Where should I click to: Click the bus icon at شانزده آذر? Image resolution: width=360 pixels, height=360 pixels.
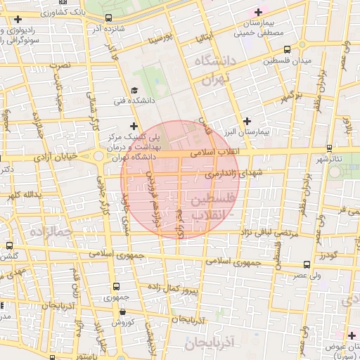108,18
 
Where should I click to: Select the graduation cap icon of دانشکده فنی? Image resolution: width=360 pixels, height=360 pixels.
134,90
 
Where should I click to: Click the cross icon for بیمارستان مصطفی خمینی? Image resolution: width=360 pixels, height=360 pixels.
258,12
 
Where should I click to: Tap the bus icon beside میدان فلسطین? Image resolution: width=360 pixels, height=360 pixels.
286,49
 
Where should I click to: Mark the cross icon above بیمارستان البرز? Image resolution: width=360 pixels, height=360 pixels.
247,121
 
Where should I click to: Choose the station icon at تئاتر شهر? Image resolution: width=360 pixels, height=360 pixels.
329,148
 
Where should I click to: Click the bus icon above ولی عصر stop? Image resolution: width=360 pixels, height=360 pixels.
307,265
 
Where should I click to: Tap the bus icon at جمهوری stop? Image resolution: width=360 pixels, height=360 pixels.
116,287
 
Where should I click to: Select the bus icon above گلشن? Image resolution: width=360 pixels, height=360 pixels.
8,246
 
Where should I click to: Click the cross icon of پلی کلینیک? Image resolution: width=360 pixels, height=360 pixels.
134,125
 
